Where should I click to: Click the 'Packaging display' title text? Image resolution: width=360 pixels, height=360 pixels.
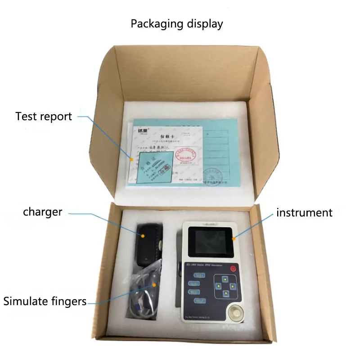(x=177, y=24)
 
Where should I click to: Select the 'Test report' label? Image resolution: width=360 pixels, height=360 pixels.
(x=44, y=117)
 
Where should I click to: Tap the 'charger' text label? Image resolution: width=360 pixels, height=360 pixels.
(x=43, y=211)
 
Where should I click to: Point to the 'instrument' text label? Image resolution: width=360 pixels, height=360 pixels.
(x=304, y=212)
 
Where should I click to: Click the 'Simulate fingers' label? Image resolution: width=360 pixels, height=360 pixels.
(x=45, y=301)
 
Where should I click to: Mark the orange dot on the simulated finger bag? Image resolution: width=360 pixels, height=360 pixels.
(x=154, y=284)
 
